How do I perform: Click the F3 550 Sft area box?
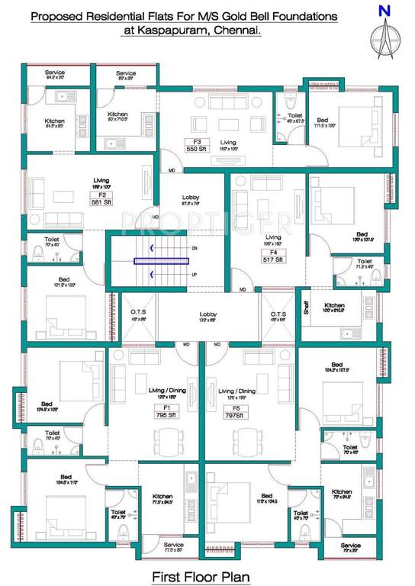coord(197,145)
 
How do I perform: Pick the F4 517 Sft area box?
coord(273,256)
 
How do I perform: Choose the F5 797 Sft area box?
coord(236,413)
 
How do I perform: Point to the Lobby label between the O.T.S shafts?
coord(208,314)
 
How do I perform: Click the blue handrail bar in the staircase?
coord(161,261)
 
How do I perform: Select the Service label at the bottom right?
coord(350,546)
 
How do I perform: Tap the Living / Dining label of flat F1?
coord(161,391)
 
